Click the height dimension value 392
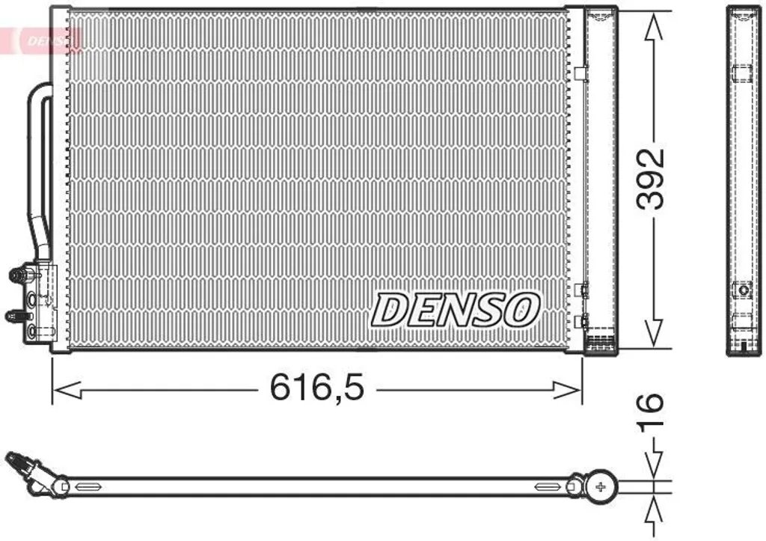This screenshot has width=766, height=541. pos(651,178)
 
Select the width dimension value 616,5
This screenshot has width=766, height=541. pos(317,387)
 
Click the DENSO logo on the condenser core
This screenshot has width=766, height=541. pos(456,310)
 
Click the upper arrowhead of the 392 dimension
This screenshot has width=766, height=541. pos(653,27)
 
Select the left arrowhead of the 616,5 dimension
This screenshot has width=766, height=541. pos(67,390)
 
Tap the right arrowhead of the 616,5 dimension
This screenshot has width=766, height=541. pos(567,390)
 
